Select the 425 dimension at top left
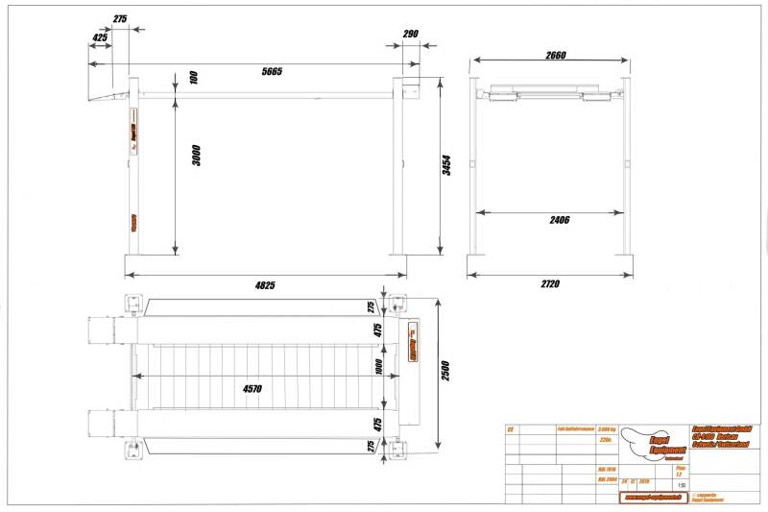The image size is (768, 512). (99, 37)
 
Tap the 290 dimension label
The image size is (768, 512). (410, 34)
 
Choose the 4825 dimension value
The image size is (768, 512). (265, 284)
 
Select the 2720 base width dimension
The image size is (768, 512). (549, 283)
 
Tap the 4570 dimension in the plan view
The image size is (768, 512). (252, 388)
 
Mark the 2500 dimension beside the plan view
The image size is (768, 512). (444, 370)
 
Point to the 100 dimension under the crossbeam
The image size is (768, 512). (194, 77)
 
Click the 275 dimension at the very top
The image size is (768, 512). (120, 18)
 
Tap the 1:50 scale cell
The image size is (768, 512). (681, 486)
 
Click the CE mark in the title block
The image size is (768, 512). (511, 429)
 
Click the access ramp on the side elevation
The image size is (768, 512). (109, 95)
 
